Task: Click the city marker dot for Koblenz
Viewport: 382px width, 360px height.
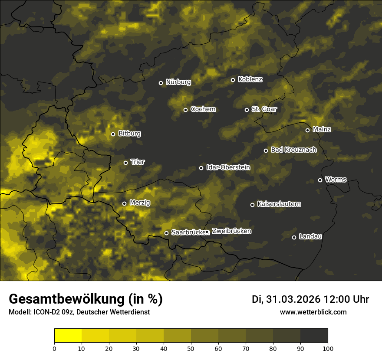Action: [233, 80]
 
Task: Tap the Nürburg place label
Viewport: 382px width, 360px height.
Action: [178, 82]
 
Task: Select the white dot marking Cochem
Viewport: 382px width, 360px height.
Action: [185, 110]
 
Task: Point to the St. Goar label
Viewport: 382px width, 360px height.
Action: [264, 109]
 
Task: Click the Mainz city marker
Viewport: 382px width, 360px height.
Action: [307, 130]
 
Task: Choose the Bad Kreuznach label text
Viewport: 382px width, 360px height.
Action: [293, 150]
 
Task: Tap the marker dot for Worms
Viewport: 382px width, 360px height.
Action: [320, 180]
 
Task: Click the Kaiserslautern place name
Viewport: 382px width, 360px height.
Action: [279, 204]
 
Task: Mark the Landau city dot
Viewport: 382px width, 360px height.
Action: [294, 237]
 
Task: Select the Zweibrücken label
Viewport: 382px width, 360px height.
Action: [231, 231]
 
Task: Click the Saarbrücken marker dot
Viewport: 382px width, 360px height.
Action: [166, 233]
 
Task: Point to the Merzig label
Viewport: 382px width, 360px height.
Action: [139, 203]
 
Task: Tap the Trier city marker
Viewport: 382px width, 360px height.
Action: [125, 163]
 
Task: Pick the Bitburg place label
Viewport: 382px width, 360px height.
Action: [129, 134]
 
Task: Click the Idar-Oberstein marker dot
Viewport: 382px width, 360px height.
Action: [201, 168]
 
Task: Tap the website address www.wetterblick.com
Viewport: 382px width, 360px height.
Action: [313, 312]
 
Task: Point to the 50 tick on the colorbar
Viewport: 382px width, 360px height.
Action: [191, 348]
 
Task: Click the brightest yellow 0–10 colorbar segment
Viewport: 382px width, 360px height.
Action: [68, 335]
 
